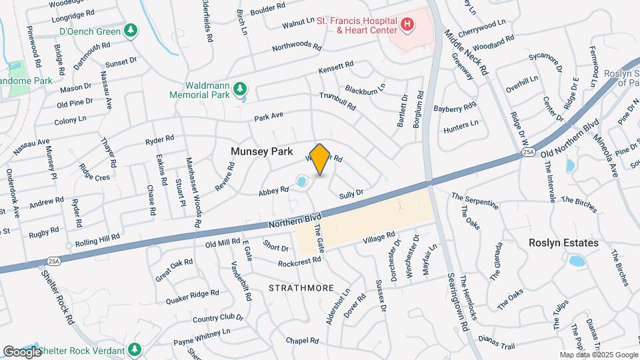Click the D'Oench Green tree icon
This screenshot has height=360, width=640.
click(131, 31)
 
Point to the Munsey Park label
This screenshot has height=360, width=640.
click(261, 151)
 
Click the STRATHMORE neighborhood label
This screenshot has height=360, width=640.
click(301, 288)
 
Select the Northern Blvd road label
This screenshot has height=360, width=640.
click(295, 221)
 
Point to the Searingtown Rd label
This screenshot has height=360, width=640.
click(459, 297)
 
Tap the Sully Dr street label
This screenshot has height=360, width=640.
click(351, 194)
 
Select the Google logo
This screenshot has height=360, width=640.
click(22, 351)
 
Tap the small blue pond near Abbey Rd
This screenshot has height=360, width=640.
click(301, 181)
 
